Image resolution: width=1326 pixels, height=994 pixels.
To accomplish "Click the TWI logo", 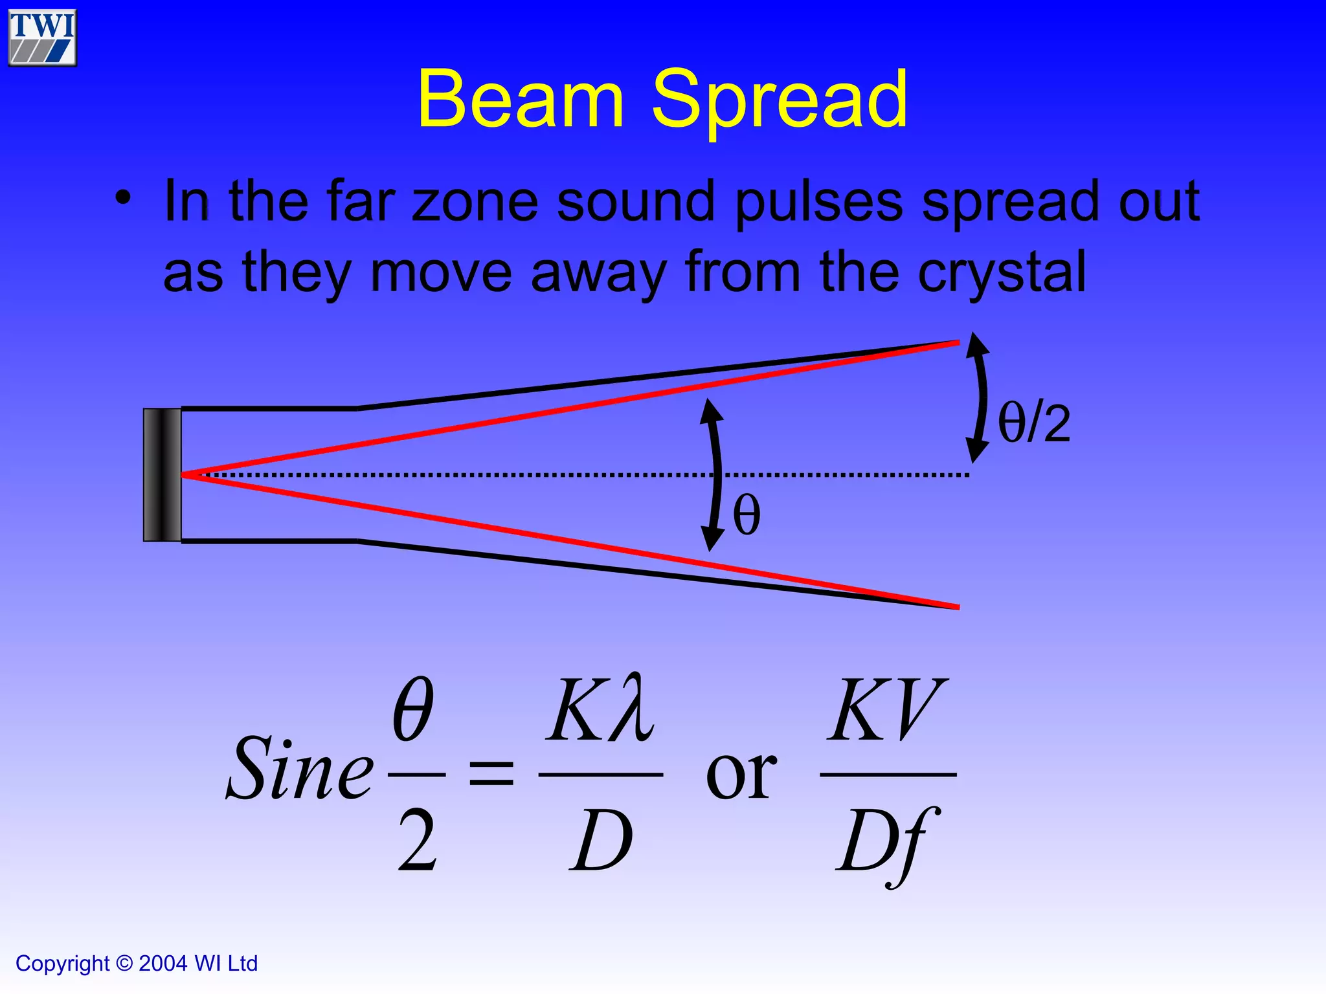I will [x=42, y=37].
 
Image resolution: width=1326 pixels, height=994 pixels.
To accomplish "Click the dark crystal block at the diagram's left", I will [x=163, y=475].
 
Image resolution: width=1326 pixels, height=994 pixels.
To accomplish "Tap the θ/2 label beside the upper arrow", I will [x=1034, y=423].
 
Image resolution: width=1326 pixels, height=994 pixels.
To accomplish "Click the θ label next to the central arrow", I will [x=747, y=515].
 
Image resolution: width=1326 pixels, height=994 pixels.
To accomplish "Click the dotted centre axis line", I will [x=518, y=475].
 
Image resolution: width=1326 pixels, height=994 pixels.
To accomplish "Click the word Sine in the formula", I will [x=300, y=770].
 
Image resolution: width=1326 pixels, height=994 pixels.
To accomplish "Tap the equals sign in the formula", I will [x=491, y=773].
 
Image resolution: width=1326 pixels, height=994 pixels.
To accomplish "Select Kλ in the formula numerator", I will [x=600, y=710].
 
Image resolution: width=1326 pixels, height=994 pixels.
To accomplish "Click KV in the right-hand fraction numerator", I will [x=886, y=710].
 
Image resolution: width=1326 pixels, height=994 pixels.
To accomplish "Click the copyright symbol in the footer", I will [x=124, y=964].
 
